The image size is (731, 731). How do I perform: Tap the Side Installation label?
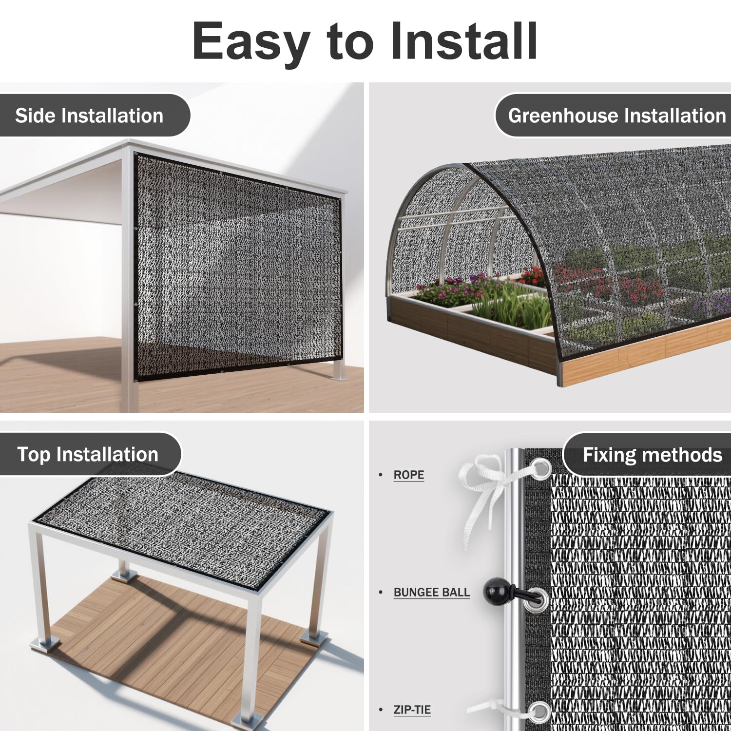click(x=89, y=115)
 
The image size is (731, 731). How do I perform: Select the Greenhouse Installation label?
click(x=617, y=115)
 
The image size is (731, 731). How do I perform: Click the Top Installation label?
click(x=88, y=454)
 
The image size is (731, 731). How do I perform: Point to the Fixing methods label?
click(x=653, y=455)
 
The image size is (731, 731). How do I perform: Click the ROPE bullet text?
click(x=409, y=475)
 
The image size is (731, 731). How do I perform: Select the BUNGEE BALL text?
click(x=432, y=592)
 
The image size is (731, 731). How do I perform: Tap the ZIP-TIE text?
click(x=412, y=710)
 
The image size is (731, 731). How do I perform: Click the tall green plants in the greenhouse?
click(x=512, y=307)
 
